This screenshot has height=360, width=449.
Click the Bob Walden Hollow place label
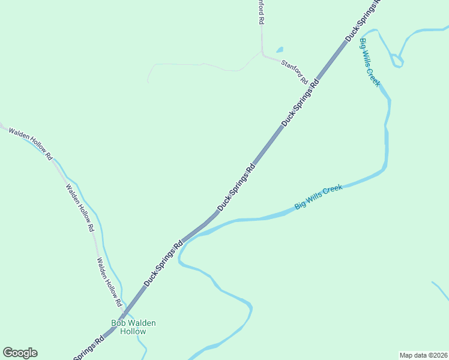(x=133, y=327)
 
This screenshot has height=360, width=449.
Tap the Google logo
(x=20, y=353)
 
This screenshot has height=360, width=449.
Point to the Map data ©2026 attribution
(x=424, y=355)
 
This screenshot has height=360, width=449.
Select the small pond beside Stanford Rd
(x=280, y=50)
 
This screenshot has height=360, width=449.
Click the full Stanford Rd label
(x=294, y=70)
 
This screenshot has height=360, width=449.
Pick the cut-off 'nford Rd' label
(x=261, y=12)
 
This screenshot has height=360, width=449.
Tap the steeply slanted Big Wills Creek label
(x=369, y=62)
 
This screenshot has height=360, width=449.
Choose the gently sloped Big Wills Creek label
(x=318, y=197)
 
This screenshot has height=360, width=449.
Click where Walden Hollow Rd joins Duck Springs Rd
(x=122, y=316)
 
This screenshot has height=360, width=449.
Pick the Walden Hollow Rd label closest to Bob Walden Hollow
(x=109, y=280)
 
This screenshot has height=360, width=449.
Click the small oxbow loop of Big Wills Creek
(x=396, y=60)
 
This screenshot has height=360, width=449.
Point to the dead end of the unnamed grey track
(x=148, y=82)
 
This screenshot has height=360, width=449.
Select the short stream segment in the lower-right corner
(x=440, y=290)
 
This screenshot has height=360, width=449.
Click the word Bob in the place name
(x=119, y=323)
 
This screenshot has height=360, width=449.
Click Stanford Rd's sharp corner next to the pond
(x=262, y=53)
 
